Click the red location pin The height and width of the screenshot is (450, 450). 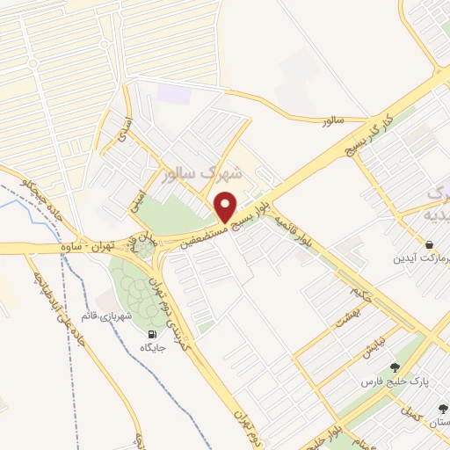click(x=226, y=207)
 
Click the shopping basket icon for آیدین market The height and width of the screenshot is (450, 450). click(x=428, y=243)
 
